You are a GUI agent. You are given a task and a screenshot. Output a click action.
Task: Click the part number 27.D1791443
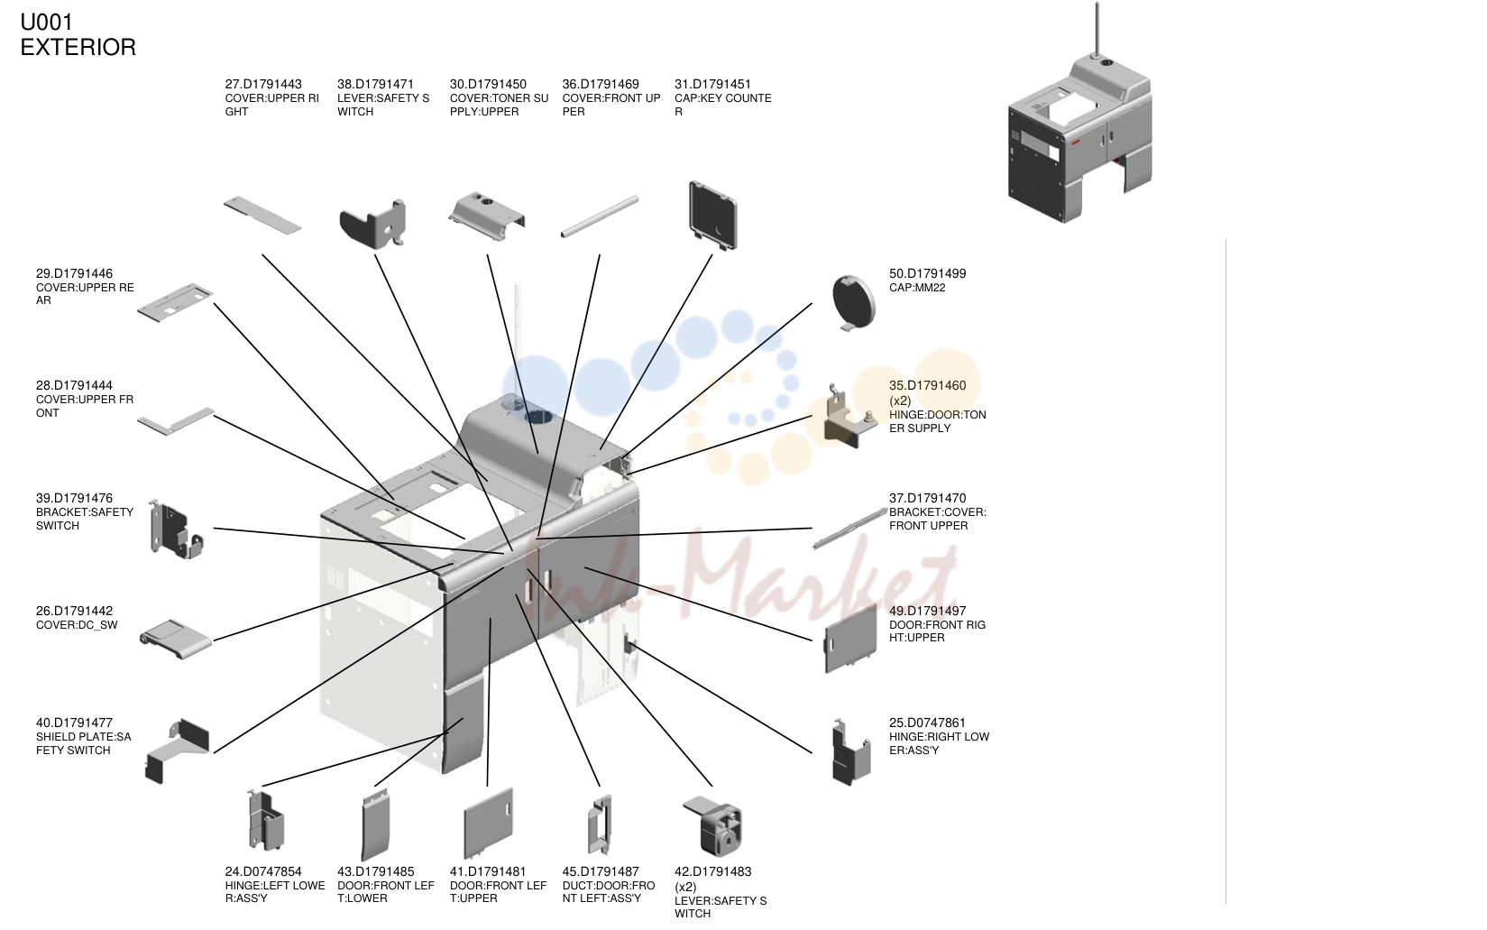coord(263,84)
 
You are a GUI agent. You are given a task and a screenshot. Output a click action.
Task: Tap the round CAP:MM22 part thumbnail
coord(854,303)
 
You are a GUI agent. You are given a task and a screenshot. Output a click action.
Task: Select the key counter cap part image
coord(713,215)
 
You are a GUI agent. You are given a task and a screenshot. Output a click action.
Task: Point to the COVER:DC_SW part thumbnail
coord(176,640)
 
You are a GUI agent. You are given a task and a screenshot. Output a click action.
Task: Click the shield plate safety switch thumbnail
coord(177,750)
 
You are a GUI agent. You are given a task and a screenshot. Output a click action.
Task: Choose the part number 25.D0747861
coord(927,723)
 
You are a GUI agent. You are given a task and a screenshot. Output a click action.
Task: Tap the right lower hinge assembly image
coord(851,752)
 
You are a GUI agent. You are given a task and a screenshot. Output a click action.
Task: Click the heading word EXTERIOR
coord(78,47)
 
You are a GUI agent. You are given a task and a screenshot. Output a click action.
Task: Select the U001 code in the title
coord(47,22)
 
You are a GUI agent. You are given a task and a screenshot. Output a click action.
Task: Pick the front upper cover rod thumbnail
coord(600,216)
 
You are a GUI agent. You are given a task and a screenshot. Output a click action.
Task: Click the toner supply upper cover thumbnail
coord(487,216)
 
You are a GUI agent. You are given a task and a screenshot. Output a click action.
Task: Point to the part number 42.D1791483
coord(713,871)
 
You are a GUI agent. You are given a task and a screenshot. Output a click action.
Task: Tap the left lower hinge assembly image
coord(266,821)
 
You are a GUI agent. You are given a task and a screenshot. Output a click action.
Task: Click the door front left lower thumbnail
coord(375,825)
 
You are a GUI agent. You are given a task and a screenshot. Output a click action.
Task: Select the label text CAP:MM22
coord(917,288)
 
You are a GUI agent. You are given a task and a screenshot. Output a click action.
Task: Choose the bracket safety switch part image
coord(175,529)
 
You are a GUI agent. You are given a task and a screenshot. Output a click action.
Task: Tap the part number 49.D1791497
coord(927,611)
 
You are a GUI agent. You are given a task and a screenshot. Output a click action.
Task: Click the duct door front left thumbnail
coord(600,824)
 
